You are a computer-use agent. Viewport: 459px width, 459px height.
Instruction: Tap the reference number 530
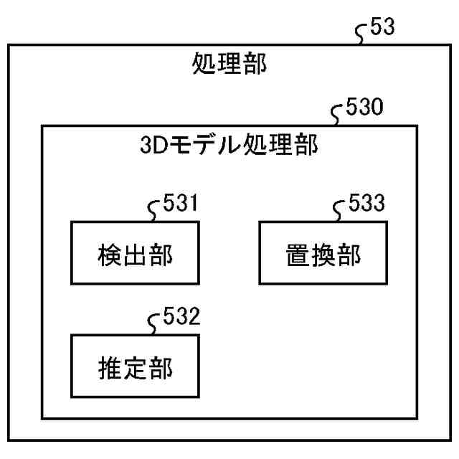pyautogui.click(x=364, y=108)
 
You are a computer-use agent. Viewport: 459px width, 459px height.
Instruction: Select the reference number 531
pyautogui.click(x=178, y=205)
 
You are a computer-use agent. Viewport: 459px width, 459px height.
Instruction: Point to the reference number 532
pyautogui.click(x=178, y=316)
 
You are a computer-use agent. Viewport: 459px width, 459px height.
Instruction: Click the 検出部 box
pyautogui.click(x=134, y=255)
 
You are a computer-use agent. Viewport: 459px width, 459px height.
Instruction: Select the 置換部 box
pyautogui.click(x=322, y=255)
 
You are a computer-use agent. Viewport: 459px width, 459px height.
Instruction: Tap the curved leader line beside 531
pyautogui.click(x=153, y=210)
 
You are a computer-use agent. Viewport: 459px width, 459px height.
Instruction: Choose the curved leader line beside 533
pyautogui.click(x=341, y=210)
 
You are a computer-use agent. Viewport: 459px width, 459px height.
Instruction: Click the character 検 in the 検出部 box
pyautogui.click(x=108, y=255)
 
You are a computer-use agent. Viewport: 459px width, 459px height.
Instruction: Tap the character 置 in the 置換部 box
pyautogui.click(x=296, y=255)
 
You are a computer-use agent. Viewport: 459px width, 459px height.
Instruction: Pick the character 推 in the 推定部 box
pyautogui.click(x=108, y=367)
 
